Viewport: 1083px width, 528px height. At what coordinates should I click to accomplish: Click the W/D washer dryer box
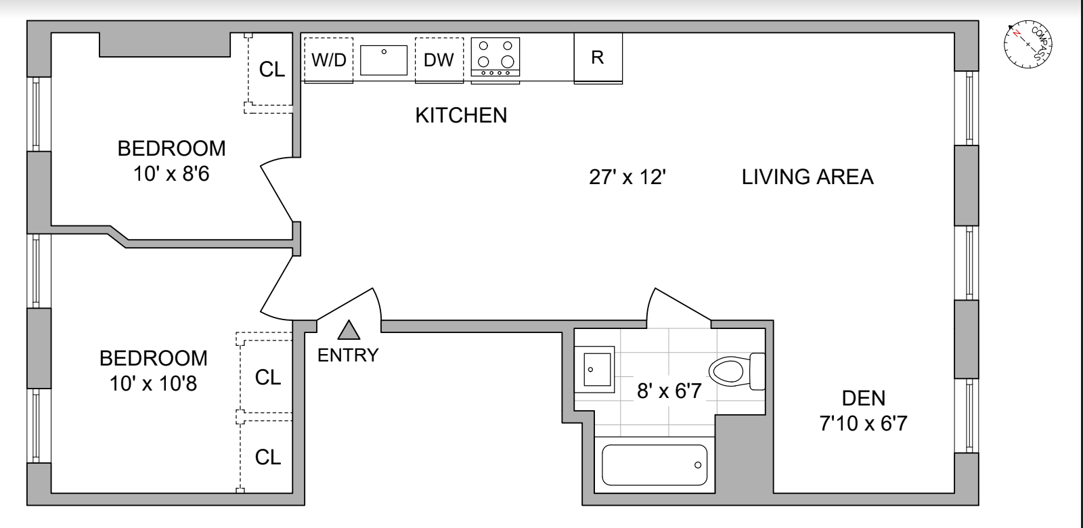point(329,60)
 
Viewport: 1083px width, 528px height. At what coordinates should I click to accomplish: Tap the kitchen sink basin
point(383,60)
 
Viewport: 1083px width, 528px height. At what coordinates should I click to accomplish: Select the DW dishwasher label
point(439,60)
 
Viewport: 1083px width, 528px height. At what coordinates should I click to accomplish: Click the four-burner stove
point(495,57)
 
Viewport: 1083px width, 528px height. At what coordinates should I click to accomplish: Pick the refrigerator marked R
point(598,58)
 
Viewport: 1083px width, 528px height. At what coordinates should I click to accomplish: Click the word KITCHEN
point(461,116)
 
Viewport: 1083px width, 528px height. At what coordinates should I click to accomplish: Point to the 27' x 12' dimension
point(627,177)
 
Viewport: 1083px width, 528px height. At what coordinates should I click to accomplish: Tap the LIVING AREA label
point(808,177)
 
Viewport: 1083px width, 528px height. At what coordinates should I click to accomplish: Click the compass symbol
point(1028,44)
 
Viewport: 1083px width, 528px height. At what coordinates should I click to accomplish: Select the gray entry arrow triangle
point(349,330)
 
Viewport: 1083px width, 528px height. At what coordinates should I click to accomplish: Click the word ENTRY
point(348,355)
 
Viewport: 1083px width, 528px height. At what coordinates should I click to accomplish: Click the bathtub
point(655,465)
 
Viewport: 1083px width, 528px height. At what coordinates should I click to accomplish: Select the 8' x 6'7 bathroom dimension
point(669,391)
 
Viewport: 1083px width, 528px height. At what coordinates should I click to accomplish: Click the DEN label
point(864,399)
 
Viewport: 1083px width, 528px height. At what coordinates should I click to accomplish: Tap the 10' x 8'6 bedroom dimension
point(171,173)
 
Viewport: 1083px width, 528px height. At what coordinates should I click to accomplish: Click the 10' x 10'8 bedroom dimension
point(153,384)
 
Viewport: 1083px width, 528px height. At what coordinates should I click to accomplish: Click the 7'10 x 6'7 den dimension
point(864,424)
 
